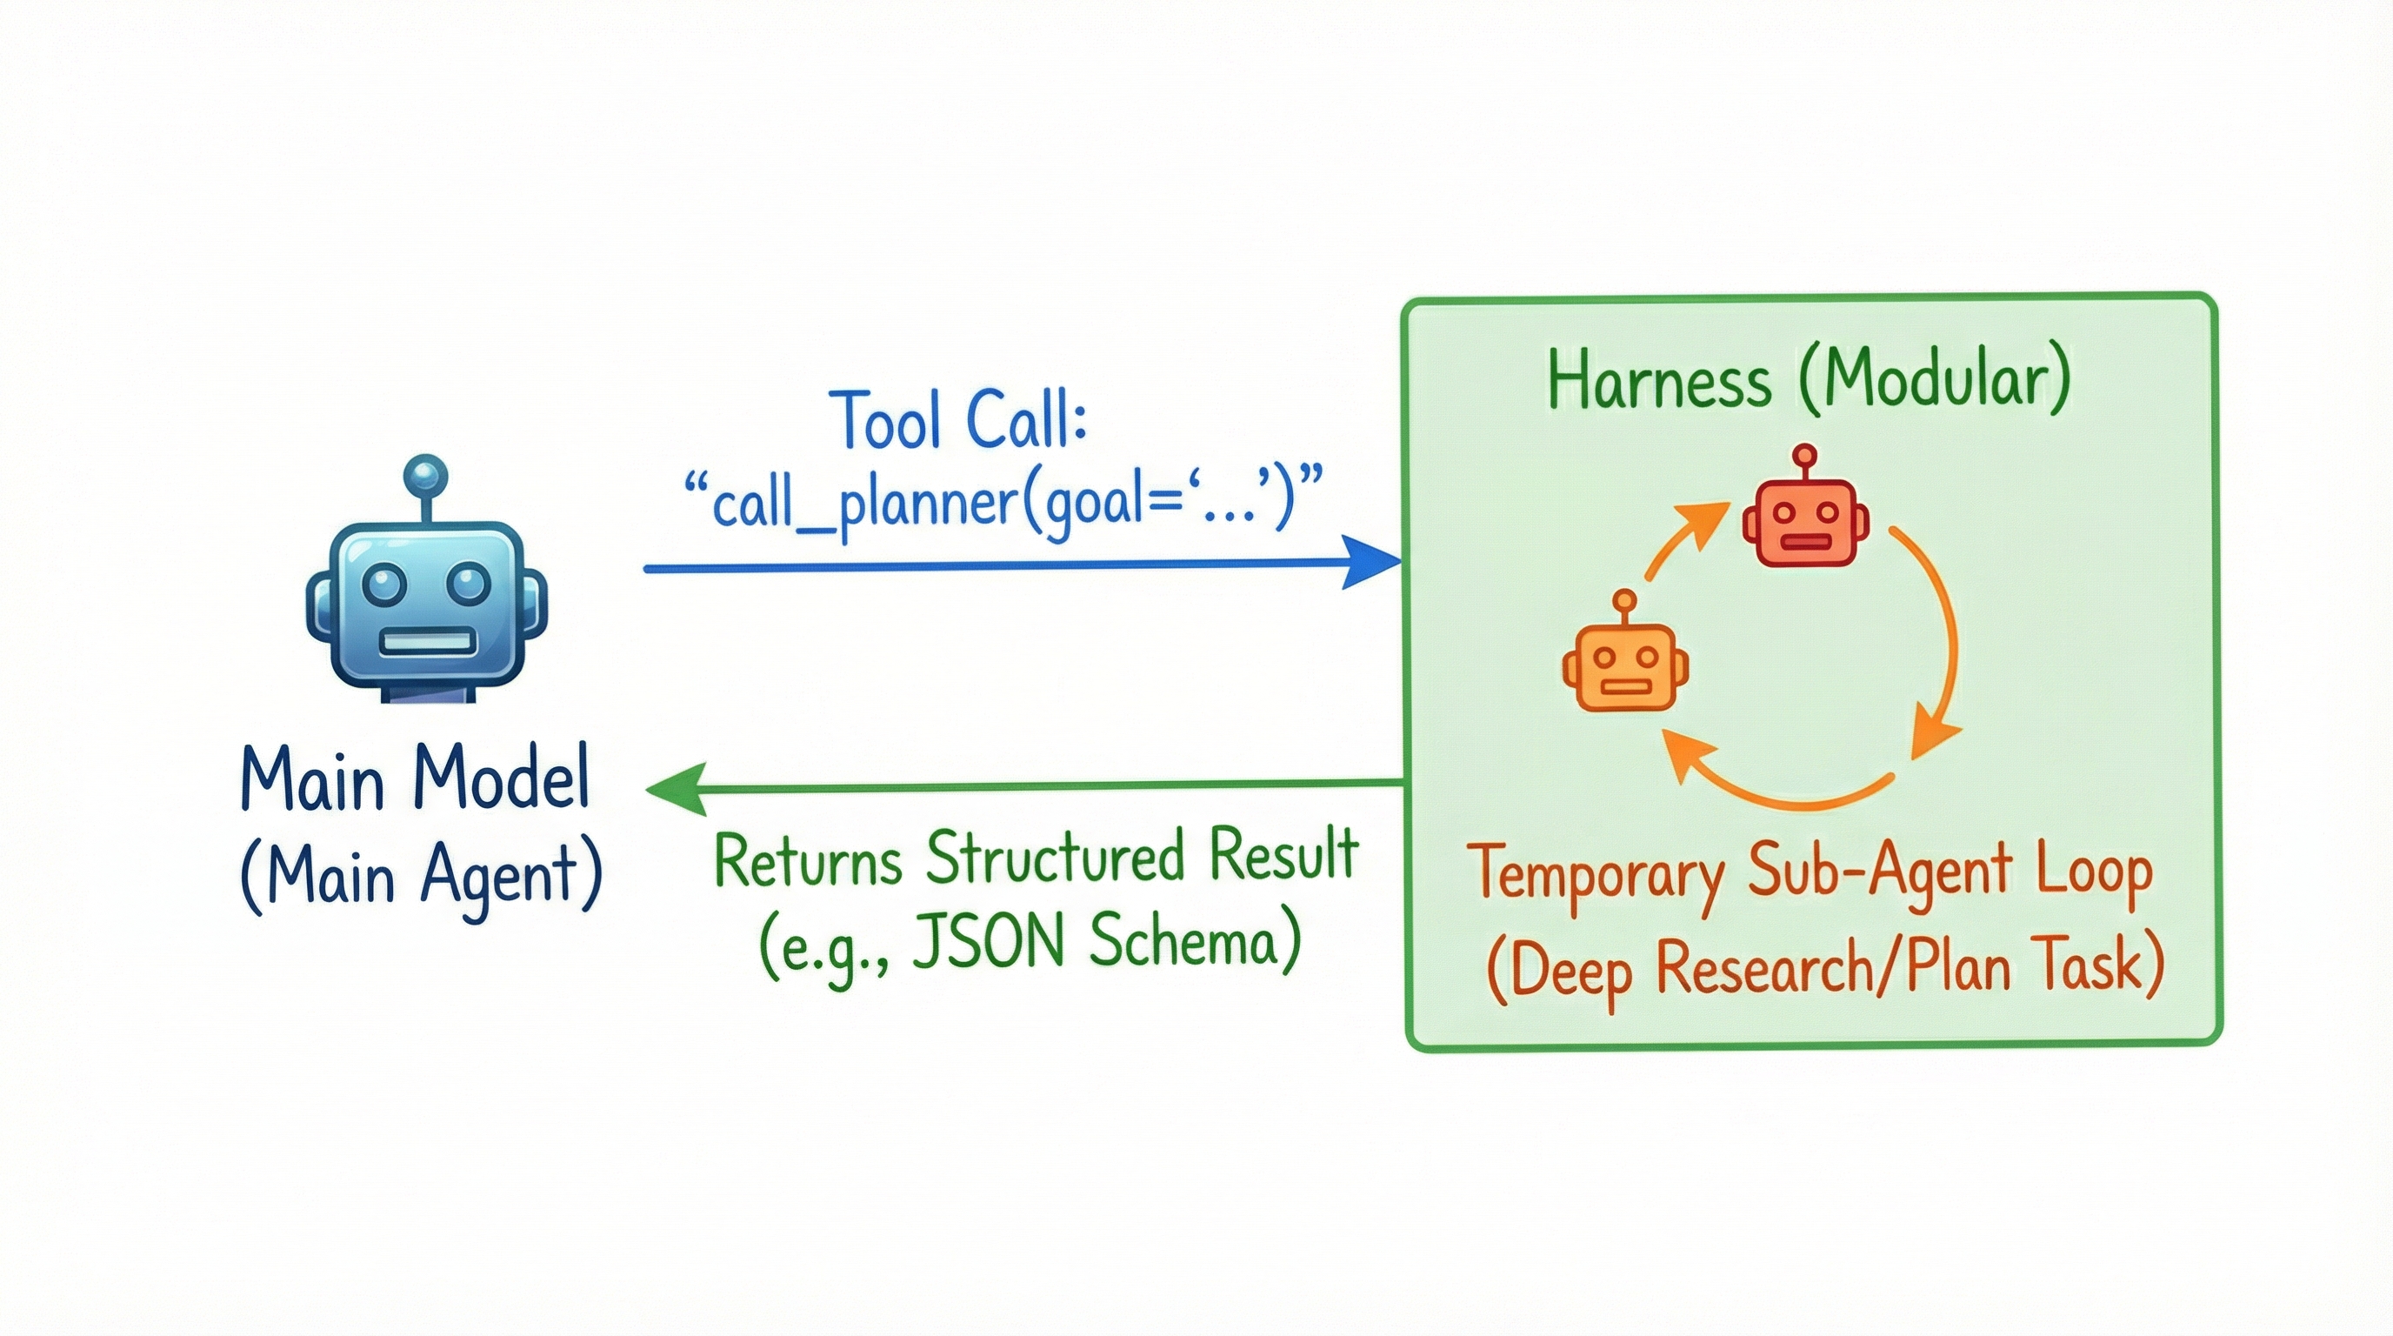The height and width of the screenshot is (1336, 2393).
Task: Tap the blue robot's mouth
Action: (427, 642)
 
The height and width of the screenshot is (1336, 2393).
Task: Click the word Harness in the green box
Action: (1659, 380)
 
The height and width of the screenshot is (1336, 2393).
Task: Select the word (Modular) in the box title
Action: (1935, 380)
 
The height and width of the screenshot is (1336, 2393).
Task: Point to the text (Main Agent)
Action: (421, 876)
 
